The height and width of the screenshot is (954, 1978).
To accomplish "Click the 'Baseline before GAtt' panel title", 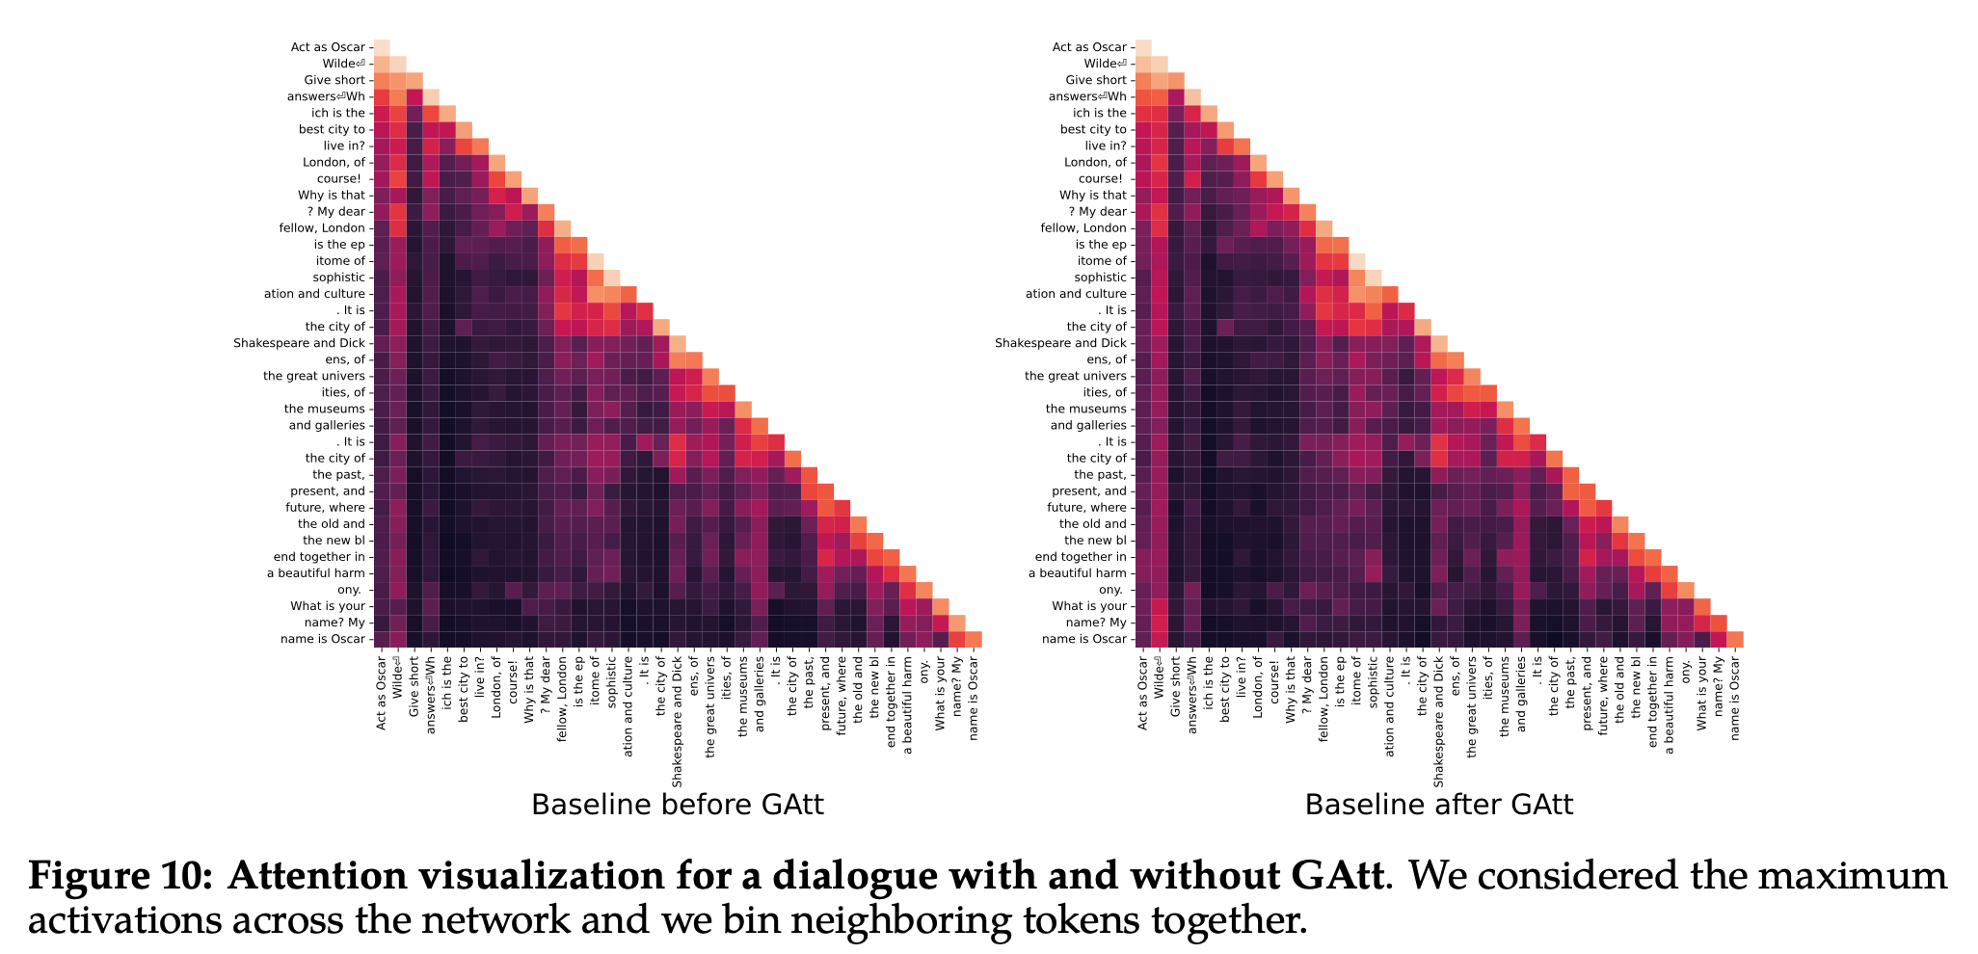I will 677,805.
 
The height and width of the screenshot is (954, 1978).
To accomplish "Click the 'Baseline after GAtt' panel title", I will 1438,805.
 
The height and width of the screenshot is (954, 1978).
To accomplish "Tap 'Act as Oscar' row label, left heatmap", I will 328,47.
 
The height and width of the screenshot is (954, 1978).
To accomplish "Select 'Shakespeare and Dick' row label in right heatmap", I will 1060,343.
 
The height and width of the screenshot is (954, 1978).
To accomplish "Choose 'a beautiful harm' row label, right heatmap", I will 1077,573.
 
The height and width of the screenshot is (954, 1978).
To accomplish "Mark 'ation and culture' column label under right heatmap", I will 1389,701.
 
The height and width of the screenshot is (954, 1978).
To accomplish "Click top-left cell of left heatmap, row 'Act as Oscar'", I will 383,47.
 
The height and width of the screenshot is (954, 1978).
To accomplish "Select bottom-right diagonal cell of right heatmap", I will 1735,639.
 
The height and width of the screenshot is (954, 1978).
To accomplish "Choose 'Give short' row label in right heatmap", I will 1095,80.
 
